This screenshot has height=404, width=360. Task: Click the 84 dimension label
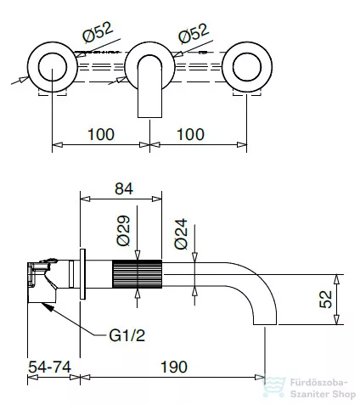click(x=124, y=188)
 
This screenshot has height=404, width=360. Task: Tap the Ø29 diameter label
click(x=123, y=231)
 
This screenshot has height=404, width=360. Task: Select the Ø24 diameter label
click(x=181, y=233)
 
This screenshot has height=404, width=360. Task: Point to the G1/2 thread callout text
click(x=127, y=336)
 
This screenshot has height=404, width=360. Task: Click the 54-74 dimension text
click(x=49, y=368)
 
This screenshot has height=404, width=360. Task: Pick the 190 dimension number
click(x=174, y=367)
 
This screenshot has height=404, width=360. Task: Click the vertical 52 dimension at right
click(x=325, y=299)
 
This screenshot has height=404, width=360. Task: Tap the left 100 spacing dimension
click(x=101, y=134)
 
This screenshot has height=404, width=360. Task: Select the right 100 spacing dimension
click(x=190, y=134)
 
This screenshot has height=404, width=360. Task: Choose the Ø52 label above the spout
click(x=194, y=33)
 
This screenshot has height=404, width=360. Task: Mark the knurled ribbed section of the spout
click(x=138, y=274)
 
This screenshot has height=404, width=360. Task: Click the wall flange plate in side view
click(x=82, y=274)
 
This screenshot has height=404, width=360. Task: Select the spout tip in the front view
click(x=149, y=117)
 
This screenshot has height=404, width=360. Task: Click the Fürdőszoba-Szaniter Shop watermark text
click(x=323, y=388)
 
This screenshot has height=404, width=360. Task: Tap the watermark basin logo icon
click(x=274, y=387)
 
